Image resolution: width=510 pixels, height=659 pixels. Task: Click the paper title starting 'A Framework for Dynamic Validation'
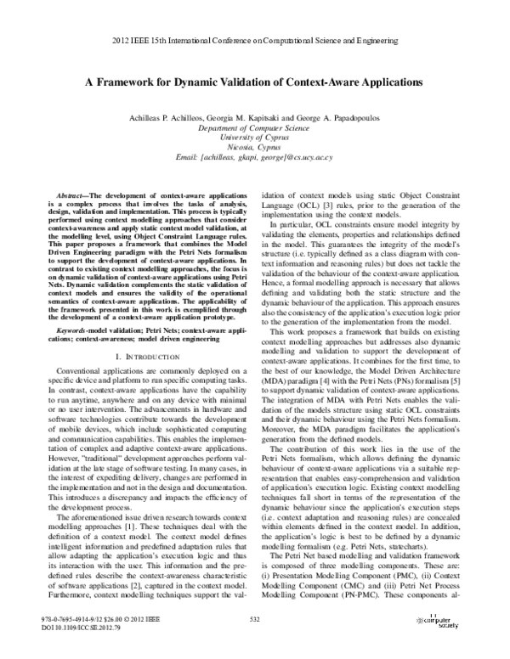pyautogui.click(x=255, y=85)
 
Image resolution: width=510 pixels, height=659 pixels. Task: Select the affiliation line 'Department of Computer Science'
pyautogui.click(x=255, y=128)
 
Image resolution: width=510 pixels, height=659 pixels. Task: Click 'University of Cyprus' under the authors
pyautogui.click(x=255, y=138)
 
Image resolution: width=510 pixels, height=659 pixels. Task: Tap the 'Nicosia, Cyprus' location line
pyautogui.click(x=255, y=147)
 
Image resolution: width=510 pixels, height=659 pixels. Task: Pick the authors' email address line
pyautogui.click(x=255, y=157)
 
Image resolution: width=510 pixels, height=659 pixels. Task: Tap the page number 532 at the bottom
pyautogui.click(x=254, y=644)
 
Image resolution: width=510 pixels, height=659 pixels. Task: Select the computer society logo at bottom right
pyautogui.click(x=441, y=645)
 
